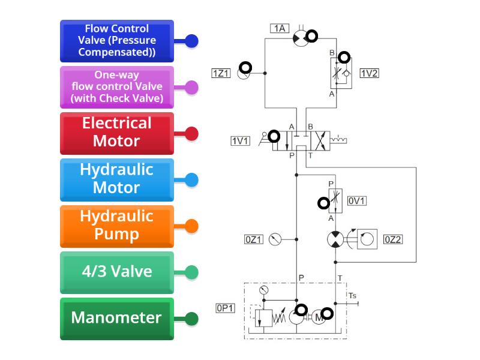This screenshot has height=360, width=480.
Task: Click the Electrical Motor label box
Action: (x=117, y=133)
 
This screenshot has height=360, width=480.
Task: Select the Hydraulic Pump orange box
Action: (x=117, y=226)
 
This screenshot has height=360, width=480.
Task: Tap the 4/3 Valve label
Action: (x=117, y=272)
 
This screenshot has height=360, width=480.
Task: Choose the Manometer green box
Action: (x=117, y=318)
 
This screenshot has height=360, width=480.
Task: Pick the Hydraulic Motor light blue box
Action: (x=117, y=179)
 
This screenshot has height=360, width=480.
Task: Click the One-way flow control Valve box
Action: (x=117, y=87)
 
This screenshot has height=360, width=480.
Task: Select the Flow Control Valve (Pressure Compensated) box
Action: (x=117, y=41)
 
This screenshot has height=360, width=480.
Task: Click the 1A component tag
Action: (x=280, y=28)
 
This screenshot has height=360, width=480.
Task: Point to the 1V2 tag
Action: (x=369, y=73)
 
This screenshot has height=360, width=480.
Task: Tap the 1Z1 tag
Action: (x=221, y=73)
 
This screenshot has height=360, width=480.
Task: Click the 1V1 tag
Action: (x=240, y=141)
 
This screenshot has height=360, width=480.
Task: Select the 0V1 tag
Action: (x=356, y=201)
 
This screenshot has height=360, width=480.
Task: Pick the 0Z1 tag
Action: (x=254, y=239)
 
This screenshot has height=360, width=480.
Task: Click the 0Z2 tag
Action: (x=392, y=239)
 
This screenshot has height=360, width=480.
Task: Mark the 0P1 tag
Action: (x=226, y=308)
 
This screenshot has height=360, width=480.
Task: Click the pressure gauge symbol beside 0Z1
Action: (x=275, y=239)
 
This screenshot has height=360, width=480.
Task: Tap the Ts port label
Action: (x=352, y=295)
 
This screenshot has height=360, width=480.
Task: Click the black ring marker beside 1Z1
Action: (x=245, y=68)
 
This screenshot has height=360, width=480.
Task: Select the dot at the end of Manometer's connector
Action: (x=191, y=318)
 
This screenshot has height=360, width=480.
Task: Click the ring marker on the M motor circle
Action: (x=327, y=313)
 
